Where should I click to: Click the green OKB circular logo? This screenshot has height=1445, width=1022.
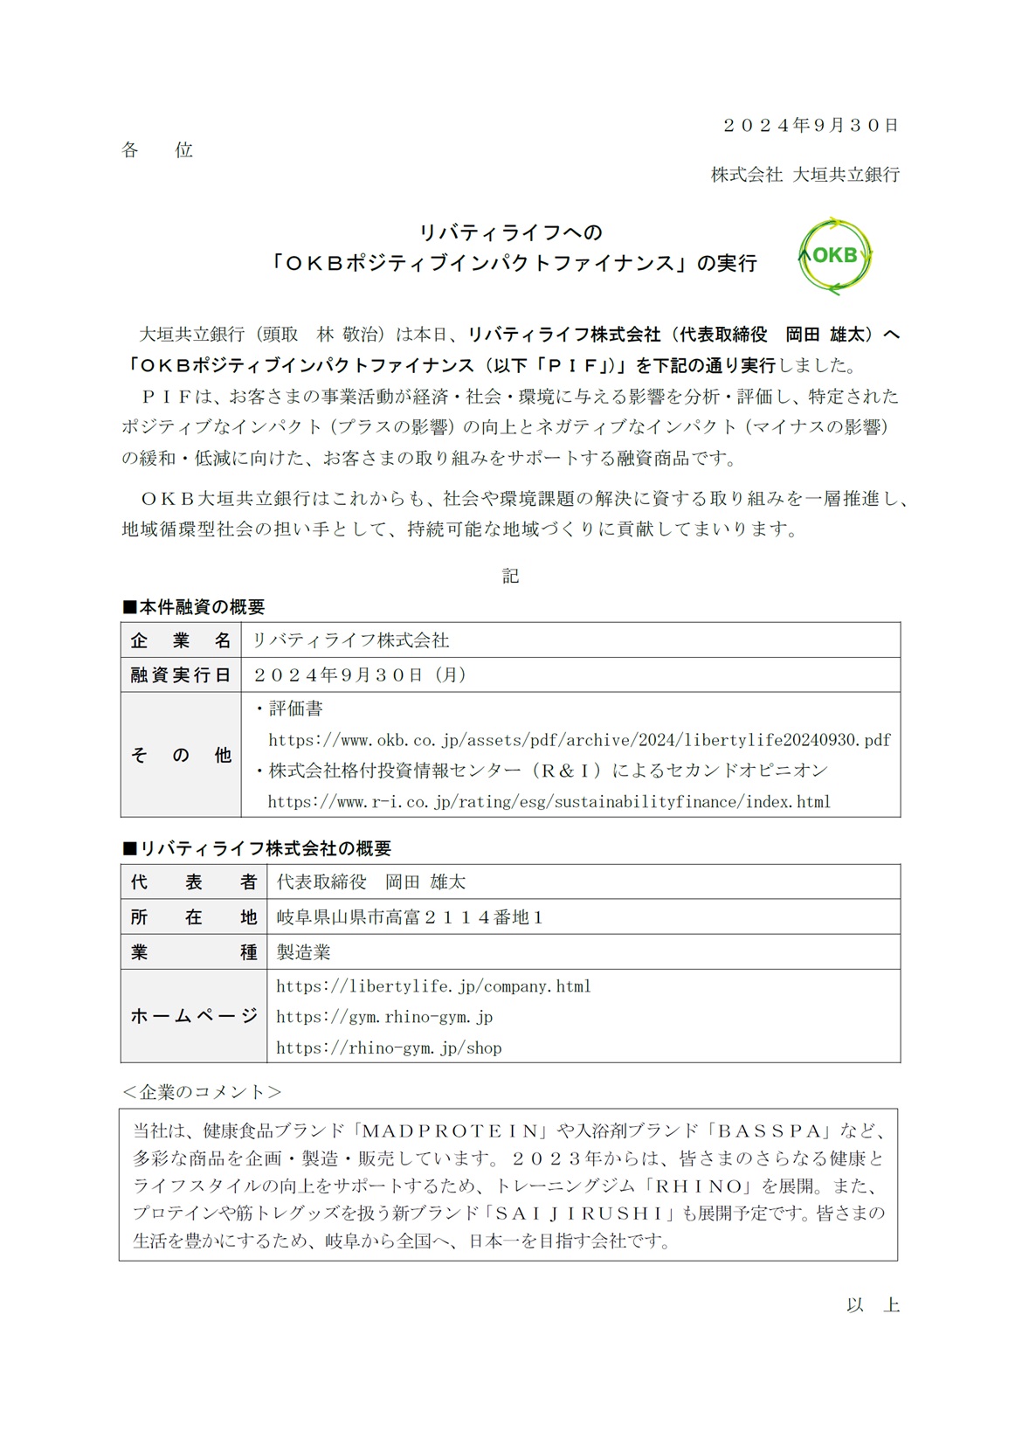coord(835,256)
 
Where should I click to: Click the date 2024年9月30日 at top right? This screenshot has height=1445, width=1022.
coord(811,125)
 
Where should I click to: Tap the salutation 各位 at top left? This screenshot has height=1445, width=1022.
coord(157,150)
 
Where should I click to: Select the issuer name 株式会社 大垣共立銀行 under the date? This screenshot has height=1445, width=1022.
coord(804,175)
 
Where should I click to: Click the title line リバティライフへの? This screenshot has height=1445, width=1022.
coord(511,232)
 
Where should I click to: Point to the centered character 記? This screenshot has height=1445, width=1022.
coord(511,576)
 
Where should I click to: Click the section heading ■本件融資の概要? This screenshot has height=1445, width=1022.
coord(193,607)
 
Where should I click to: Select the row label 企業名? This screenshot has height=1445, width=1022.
coord(181,640)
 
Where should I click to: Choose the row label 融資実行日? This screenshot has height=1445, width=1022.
coord(181,675)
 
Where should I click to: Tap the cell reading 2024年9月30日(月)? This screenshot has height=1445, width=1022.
coord(360,675)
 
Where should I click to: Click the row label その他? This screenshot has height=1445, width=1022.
coord(181,755)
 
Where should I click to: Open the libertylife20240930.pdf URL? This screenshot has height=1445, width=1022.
coord(579,740)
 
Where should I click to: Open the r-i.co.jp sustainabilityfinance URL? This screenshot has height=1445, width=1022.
coord(549,802)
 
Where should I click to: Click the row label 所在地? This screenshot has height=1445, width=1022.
coord(193,917)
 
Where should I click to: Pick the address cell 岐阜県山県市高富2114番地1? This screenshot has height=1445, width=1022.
coord(410,917)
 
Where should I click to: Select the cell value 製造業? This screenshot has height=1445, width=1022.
coord(304,952)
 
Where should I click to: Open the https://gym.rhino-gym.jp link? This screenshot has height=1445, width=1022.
coord(384,1017)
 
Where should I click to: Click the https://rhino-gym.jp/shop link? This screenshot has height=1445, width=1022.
coord(389,1048)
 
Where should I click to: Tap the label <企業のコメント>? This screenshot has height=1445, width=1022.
coord(202,1092)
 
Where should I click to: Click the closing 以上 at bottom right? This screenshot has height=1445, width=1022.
coord(873,1305)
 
